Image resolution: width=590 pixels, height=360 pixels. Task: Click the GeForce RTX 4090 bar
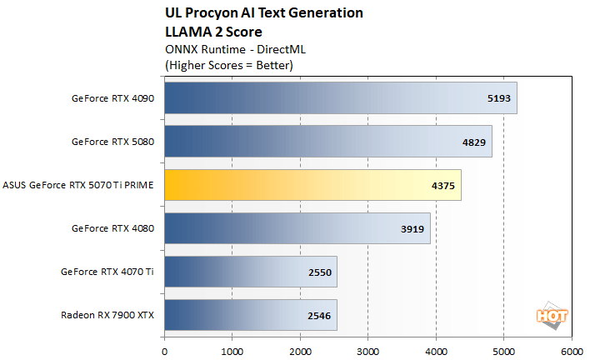340,97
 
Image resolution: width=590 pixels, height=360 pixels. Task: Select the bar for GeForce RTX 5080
327,141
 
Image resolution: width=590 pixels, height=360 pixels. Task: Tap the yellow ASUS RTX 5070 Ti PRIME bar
312,185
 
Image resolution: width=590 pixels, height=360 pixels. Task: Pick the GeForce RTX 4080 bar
297,228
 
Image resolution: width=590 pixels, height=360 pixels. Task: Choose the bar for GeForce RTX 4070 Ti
250,272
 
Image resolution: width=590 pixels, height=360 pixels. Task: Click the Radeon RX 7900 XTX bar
250,315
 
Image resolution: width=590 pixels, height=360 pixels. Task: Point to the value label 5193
498,97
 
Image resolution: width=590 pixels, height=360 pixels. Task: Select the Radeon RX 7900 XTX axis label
107,315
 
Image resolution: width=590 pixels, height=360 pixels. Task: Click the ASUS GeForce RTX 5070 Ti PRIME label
80,185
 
